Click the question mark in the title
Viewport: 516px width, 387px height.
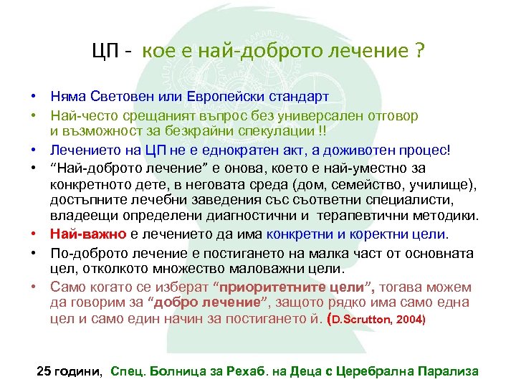click(419, 52)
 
